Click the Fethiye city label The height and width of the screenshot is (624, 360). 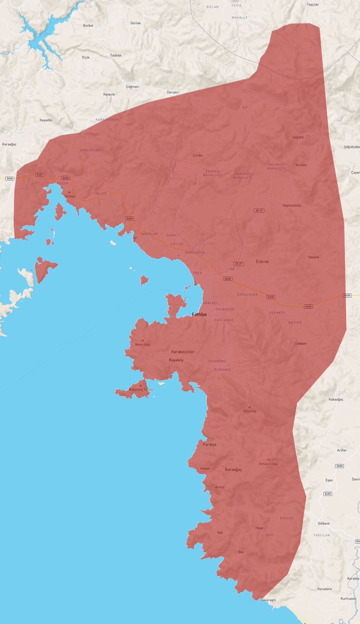tap(199, 314)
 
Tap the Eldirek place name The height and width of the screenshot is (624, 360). tap(262, 261)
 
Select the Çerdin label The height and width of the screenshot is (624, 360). tap(197, 155)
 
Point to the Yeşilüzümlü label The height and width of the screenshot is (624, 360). tap(292, 205)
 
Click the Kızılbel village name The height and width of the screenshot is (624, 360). tap(301, 165)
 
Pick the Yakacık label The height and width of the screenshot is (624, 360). tap(313, 257)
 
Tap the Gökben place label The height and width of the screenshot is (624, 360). tap(300, 343)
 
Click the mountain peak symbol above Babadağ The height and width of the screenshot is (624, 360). tap(249, 407)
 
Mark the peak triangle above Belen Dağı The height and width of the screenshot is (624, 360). tap(142, 340)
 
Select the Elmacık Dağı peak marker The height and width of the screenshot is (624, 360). tap(268, 459)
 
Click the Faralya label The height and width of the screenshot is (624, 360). tap(210, 445)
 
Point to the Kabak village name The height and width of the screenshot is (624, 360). tap(205, 469)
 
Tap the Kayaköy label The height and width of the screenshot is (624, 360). tap(176, 360)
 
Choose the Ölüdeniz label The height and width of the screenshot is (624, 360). tap(222, 370)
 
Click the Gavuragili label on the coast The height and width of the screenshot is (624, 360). tap(268, 600)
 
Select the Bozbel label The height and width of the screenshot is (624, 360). tap(88, 25)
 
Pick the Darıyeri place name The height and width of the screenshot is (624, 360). tap(172, 92)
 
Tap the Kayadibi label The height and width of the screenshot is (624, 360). tap(46, 120)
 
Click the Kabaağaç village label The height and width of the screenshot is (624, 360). tap(336, 399)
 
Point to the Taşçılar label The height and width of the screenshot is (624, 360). tap(313, 5)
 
